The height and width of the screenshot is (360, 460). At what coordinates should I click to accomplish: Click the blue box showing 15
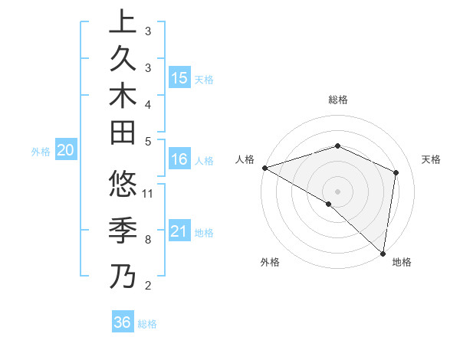point(179,77)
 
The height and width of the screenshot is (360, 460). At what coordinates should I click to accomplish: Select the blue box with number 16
point(179,159)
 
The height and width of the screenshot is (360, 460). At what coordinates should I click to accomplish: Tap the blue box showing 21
point(179,231)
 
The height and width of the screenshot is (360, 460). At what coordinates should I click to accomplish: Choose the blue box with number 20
point(65,151)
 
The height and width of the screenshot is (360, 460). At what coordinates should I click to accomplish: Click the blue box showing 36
point(122,322)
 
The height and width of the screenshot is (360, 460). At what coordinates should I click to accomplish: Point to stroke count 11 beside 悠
point(148,194)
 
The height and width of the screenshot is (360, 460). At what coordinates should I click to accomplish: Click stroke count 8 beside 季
point(147,240)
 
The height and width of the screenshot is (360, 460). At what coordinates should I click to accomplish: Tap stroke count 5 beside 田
point(147,141)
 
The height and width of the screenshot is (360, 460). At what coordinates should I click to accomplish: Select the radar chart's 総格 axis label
point(337,100)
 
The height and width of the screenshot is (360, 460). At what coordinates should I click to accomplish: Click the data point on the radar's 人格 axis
point(264,168)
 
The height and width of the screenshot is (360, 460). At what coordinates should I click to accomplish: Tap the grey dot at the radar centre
point(337,191)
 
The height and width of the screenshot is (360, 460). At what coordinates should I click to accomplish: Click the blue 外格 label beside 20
point(41,152)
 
